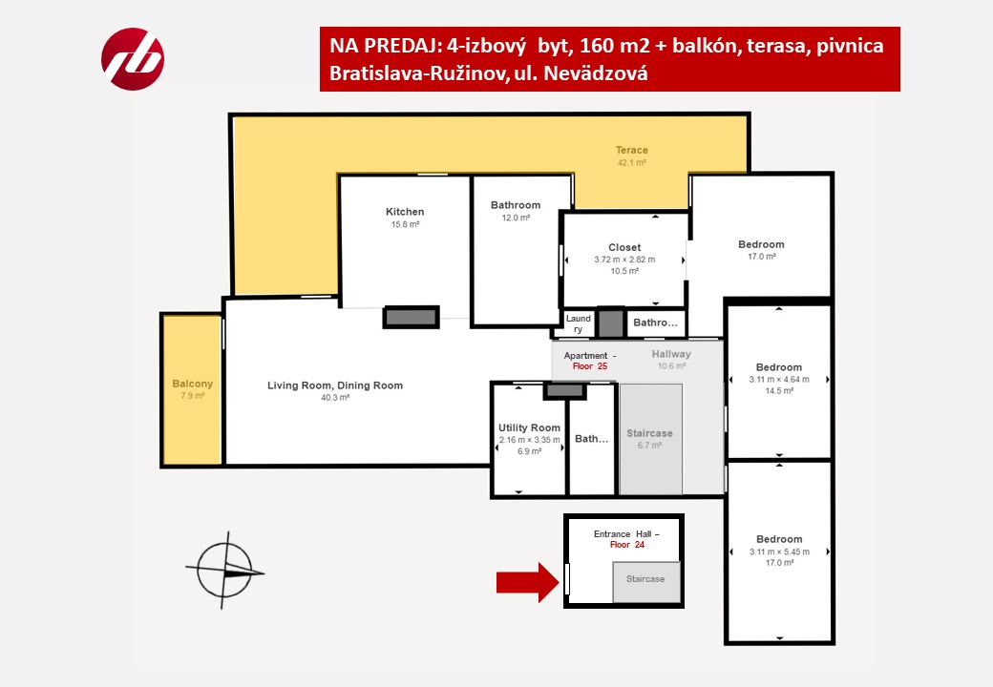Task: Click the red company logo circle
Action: coord(133,59)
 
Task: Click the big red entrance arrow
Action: coord(527,582)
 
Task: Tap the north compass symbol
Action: coord(224,571)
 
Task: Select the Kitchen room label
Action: coord(405,212)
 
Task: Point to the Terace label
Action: coord(631,150)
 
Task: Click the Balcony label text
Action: coord(193,384)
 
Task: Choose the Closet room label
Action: coord(624,247)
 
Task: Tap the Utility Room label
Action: coord(529,427)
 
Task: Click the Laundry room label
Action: coord(579,323)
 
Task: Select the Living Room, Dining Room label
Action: coord(335,385)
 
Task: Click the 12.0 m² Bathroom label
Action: coord(516,205)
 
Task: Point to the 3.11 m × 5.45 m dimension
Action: coord(779,552)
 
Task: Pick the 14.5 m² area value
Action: coord(779,391)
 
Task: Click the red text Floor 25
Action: coord(590,366)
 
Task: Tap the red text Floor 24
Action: coord(627,545)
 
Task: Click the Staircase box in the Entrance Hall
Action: coord(646,582)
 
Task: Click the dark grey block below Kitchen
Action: coord(411,317)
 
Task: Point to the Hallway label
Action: coord(671,354)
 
